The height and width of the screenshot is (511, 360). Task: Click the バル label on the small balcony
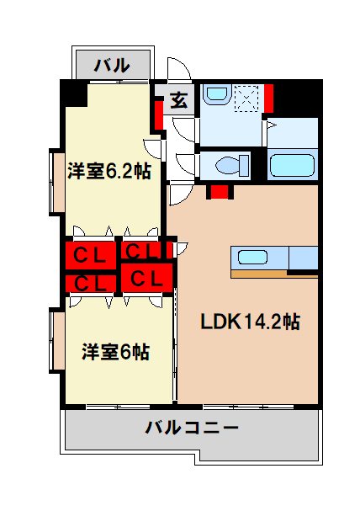[111, 64]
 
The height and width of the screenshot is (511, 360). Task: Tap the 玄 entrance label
[179, 100]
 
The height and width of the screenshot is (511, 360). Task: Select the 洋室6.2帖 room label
[109, 172]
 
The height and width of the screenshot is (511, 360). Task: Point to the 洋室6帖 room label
[115, 351]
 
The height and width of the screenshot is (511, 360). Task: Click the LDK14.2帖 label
[251, 322]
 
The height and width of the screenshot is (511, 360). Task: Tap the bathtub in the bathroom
[292, 163]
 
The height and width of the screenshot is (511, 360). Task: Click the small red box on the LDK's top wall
[220, 191]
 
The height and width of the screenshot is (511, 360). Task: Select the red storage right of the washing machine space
[269, 98]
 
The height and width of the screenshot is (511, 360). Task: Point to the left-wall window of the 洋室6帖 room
[56, 340]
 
